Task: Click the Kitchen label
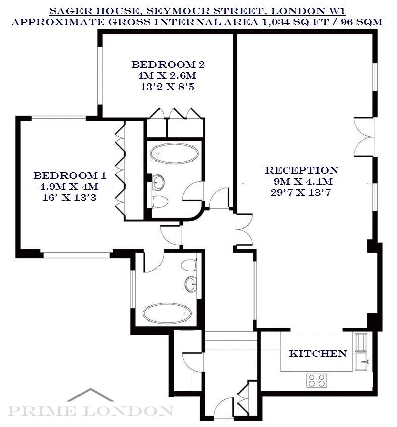pyautogui.click(x=317, y=353)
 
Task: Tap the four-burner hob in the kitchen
pyautogui.click(x=316, y=380)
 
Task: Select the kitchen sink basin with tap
pyautogui.click(x=361, y=362)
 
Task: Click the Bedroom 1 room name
pyautogui.click(x=70, y=175)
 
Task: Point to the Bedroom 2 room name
pyautogui.click(x=168, y=64)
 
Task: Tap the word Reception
pyautogui.click(x=301, y=170)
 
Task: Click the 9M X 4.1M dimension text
pyautogui.click(x=303, y=181)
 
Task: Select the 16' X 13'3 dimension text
pyautogui.click(x=69, y=197)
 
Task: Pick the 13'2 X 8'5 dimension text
pyautogui.click(x=167, y=87)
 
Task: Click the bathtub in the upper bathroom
pyautogui.click(x=175, y=154)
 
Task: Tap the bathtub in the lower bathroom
pyautogui.click(x=167, y=313)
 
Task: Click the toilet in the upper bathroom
pyautogui.click(x=160, y=202)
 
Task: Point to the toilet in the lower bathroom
pyautogui.click(x=189, y=265)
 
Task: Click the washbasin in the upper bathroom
pyautogui.click(x=157, y=182)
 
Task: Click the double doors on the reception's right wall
pyautogui.click(x=364, y=137)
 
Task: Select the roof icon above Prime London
pyautogui.click(x=90, y=395)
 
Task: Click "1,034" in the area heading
pyautogui.click(x=275, y=22)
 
